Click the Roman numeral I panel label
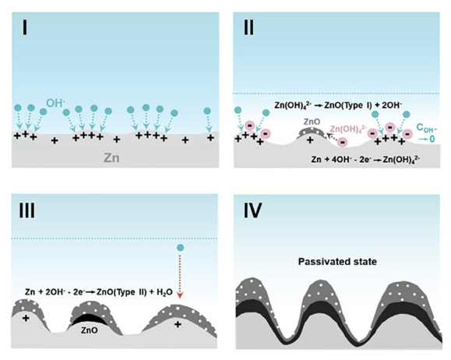point(25,28)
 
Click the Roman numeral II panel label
point(249,28)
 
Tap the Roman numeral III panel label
point(26,210)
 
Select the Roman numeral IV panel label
point(253,210)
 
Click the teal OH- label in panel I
point(56,103)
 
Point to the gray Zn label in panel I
point(111,158)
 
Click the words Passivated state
point(337,262)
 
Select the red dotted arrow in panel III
point(180,276)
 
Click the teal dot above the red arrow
point(180,248)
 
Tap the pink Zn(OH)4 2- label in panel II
point(348,129)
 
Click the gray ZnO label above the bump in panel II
point(312,122)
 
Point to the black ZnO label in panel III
point(89,330)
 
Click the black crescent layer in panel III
point(89,319)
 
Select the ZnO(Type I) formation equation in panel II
point(338,106)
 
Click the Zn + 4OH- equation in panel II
point(365,159)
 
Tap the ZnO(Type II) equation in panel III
point(99,292)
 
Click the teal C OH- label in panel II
point(426,132)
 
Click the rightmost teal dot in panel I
point(207,111)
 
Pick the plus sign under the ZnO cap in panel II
point(310,140)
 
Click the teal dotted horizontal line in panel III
point(115,238)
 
